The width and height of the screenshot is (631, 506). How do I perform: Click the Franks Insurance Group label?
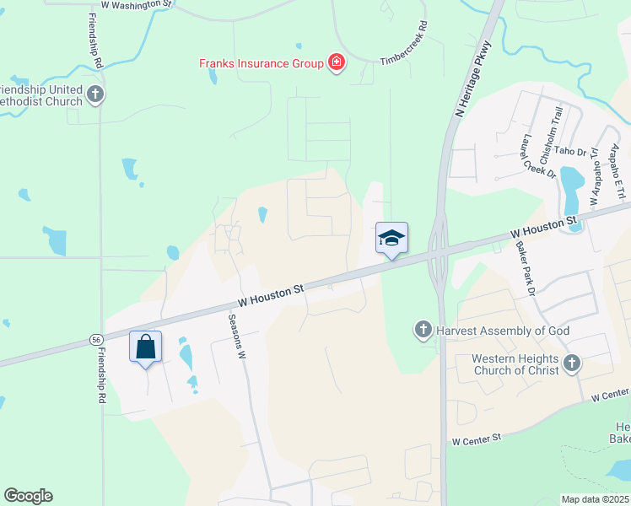(261, 63)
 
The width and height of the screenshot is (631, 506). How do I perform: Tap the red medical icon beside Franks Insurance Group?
(337, 63)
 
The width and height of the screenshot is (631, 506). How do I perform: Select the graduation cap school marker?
(391, 239)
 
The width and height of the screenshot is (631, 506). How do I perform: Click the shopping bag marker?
(145, 347)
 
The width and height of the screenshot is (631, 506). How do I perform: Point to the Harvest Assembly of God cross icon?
(423, 331)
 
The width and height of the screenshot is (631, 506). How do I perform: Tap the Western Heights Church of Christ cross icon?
(572, 363)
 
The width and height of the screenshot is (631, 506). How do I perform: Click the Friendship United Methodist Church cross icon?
(95, 94)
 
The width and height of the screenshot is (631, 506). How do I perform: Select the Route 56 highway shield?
(96, 340)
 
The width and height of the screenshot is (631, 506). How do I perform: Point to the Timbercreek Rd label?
(405, 51)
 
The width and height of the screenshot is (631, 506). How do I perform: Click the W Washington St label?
(136, 5)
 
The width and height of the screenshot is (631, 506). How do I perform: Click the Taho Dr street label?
(570, 151)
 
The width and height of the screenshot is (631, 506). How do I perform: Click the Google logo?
(28, 496)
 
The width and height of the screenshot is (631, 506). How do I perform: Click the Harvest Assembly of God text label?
(504, 331)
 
